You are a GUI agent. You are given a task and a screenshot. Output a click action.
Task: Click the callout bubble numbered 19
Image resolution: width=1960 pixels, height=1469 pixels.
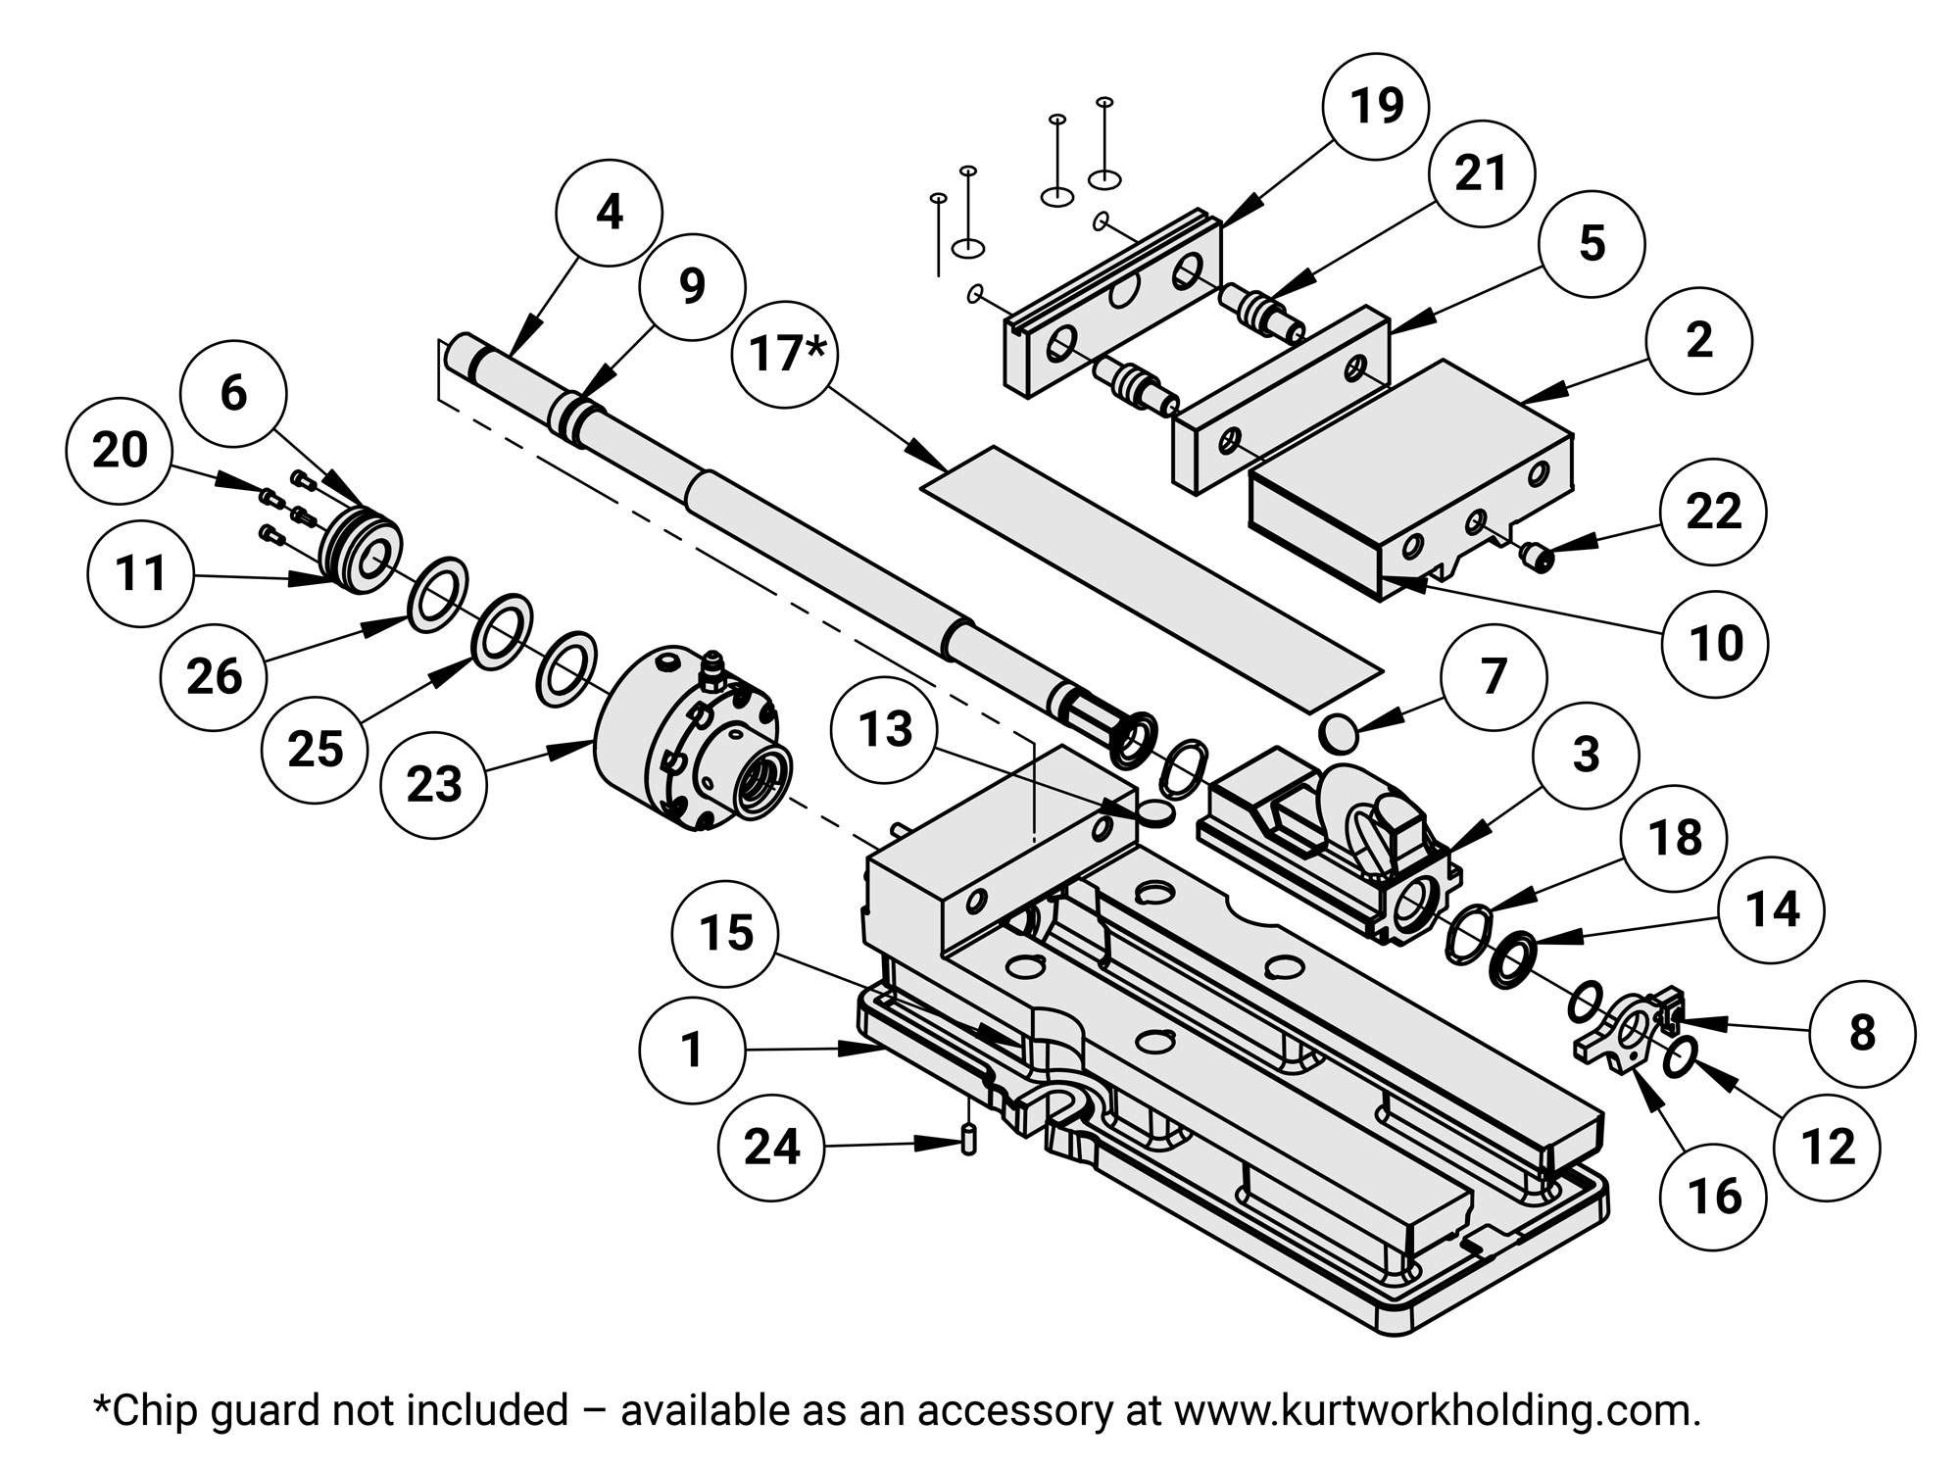point(1376,106)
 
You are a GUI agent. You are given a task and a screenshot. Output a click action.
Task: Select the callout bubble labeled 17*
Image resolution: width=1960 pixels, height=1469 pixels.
point(782,353)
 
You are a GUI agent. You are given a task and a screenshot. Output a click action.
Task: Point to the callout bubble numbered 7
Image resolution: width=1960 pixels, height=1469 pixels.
point(1493,677)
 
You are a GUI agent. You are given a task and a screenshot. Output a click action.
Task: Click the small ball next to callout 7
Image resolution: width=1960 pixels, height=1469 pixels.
point(1337,731)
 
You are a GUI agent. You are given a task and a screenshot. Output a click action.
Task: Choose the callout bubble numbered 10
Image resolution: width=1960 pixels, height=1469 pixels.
point(1716,644)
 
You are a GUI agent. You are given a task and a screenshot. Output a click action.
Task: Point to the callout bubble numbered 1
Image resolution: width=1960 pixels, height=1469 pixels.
point(692,1050)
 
